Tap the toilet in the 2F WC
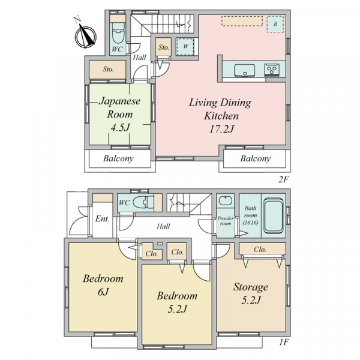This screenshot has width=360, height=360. [118, 32]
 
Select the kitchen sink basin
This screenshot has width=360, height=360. [245, 70]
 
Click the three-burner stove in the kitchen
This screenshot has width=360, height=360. [272, 70]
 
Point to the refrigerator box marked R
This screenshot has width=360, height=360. [275, 24]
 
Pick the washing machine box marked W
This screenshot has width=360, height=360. [185, 47]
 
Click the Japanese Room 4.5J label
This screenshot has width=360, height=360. [119, 115]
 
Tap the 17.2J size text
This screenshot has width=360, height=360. [221, 130]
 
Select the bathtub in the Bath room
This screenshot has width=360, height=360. [274, 215]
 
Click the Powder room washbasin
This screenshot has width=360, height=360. [225, 201]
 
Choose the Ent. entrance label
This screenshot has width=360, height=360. [103, 219]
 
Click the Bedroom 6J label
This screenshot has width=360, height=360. [103, 284]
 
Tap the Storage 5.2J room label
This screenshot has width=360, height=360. [251, 293]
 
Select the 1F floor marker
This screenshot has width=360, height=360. [284, 343]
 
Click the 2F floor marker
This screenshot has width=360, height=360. [283, 179]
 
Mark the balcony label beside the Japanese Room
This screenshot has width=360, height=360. [118, 158]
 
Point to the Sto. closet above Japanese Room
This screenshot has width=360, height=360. [108, 70]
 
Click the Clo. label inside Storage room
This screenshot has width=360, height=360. [260, 250]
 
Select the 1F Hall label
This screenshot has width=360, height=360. [163, 226]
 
